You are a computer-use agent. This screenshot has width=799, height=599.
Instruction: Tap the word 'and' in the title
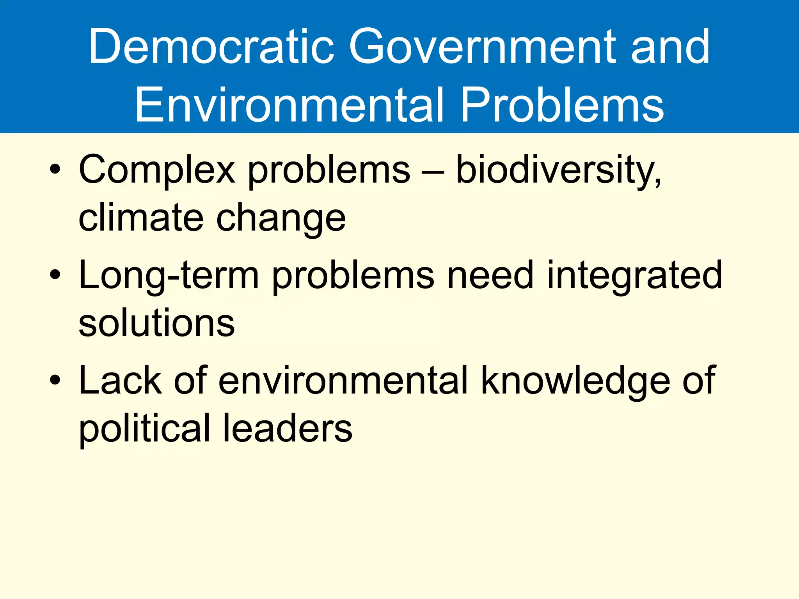coord(670,48)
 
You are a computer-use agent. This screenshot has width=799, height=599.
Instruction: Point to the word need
coord(490,275)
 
